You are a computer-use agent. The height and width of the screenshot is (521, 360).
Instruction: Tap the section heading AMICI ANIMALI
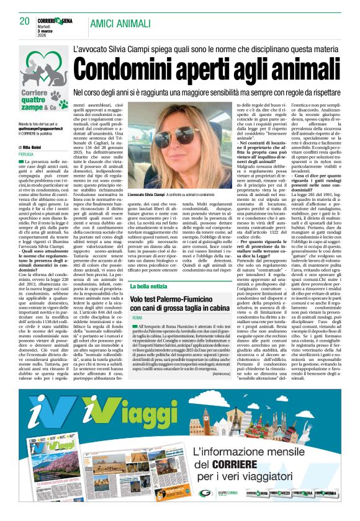click(x=120, y=23)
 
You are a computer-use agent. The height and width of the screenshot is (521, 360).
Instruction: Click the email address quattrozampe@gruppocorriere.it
click(x=37, y=128)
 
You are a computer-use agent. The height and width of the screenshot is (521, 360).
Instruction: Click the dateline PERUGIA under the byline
click(x=26, y=153)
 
